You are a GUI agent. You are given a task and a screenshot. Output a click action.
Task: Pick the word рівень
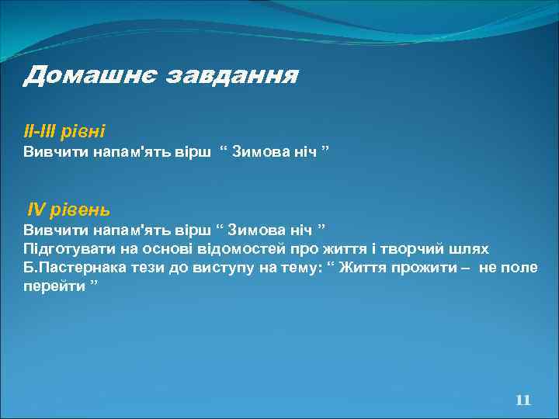[82, 210]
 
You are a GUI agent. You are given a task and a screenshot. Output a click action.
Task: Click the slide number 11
[523, 400]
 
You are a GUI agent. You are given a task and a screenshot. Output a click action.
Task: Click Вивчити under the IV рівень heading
[54, 230]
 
